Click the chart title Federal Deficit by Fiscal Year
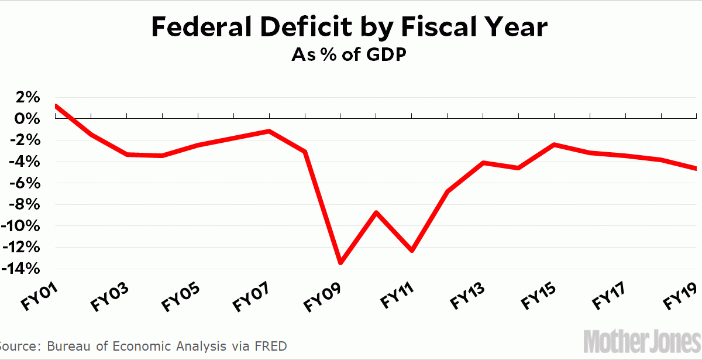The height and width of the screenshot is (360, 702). point(350,28)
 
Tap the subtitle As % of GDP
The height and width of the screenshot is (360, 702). point(350,56)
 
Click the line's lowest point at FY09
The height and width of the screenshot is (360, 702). point(340,263)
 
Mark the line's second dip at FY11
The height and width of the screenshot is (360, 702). point(412,251)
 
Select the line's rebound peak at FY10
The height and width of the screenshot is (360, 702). point(376,212)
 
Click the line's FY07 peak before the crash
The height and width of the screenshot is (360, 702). point(269,131)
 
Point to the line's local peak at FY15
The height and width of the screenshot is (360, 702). point(554,144)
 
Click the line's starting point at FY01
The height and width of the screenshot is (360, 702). point(56,106)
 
